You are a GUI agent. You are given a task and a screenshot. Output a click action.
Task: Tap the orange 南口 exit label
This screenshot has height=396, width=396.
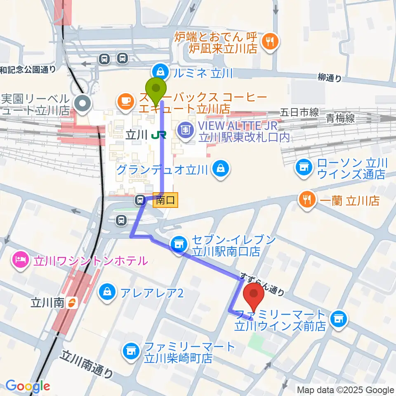click(x=166, y=200)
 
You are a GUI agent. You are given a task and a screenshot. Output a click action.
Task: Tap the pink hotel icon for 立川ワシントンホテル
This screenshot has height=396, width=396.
click(x=20, y=260)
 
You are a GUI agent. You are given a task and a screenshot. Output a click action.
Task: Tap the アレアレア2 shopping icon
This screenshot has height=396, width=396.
click(x=107, y=292)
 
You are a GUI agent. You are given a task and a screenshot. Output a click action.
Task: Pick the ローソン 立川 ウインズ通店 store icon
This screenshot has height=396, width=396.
click(x=304, y=167)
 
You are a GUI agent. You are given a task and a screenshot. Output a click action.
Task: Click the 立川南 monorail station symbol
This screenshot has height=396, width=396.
click(x=71, y=303)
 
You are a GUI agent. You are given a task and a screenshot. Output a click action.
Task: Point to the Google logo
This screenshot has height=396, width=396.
click(x=28, y=386)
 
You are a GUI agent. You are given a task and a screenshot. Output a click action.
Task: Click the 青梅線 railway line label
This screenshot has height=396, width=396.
click(x=341, y=119)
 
